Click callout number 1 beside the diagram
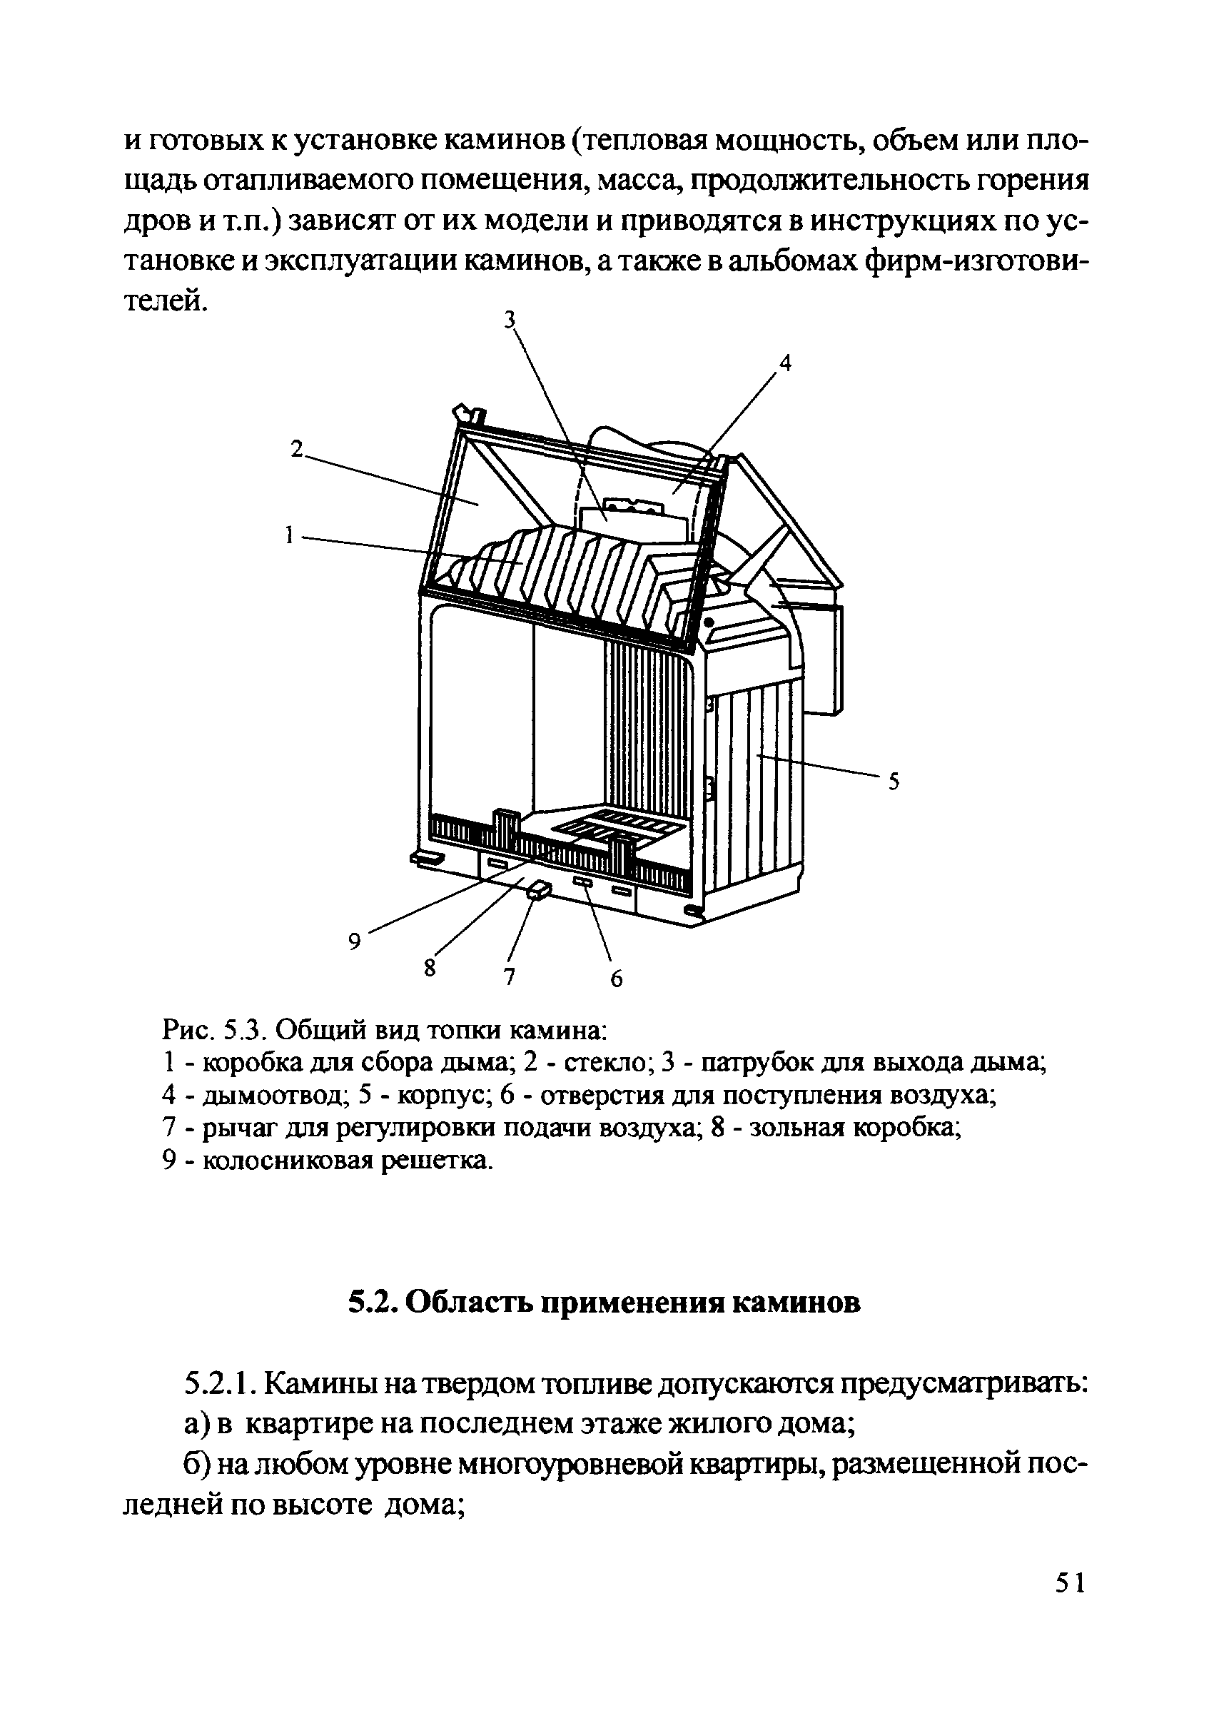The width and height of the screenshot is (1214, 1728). pos(288,536)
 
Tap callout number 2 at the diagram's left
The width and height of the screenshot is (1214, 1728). pos(298,450)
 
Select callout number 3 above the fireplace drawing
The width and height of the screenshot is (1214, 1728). pos(510,320)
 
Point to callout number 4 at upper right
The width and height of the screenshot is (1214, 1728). pos(785,363)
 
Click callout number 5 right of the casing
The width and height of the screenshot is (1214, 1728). pos(894,782)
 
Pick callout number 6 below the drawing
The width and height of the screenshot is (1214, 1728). pos(617,979)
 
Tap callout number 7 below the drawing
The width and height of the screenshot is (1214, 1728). pos(509,977)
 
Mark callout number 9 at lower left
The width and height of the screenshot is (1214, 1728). pos(355,941)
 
